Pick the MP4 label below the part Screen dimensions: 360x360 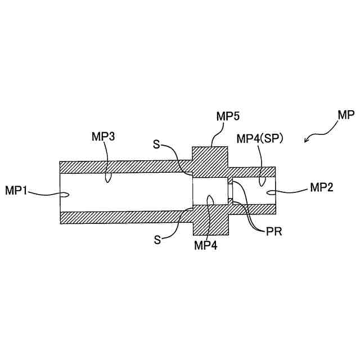click(x=206, y=245)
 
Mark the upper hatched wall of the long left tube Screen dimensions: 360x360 click(x=124, y=168)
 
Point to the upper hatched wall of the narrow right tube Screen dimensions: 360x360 click(x=253, y=172)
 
